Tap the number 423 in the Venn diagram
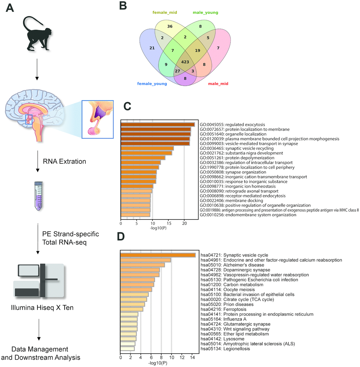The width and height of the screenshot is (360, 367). [x=185, y=62]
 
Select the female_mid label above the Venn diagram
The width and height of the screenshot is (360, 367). [x=164, y=12]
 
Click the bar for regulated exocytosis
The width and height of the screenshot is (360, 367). [x=158, y=125]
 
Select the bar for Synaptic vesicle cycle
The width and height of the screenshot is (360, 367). [x=158, y=255]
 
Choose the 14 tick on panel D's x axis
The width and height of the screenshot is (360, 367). [x=192, y=358]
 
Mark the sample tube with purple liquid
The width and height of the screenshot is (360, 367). [x=38, y=196]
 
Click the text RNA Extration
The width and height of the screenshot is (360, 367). [x=64, y=162]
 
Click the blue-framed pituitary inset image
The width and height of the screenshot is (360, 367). [x=97, y=119]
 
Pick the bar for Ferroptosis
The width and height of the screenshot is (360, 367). [x=132, y=309]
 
